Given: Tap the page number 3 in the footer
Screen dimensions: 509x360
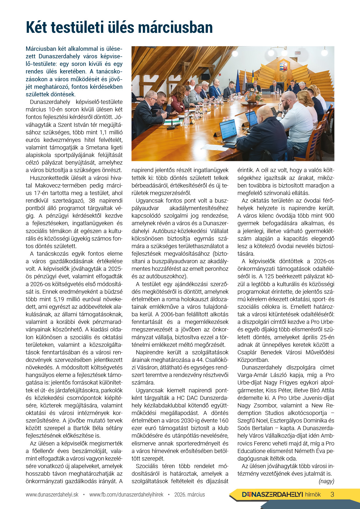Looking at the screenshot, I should pos(332,494).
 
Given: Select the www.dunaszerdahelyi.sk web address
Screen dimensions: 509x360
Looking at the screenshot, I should pos(52,494).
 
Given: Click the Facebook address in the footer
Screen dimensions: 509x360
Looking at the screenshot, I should pos(126,494).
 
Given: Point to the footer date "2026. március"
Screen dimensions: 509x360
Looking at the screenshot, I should pos(190,494).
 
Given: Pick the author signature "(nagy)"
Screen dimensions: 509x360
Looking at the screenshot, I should pos(326,481).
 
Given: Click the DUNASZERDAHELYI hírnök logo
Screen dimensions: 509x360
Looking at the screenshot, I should pos(281,494).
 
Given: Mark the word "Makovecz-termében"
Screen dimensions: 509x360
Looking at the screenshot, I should pos(61,185).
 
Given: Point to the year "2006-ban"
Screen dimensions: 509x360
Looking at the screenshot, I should pos(172,314).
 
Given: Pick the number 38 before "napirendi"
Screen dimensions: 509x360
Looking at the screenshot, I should pos(92,201).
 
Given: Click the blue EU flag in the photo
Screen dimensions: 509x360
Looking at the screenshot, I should pos(238,81).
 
